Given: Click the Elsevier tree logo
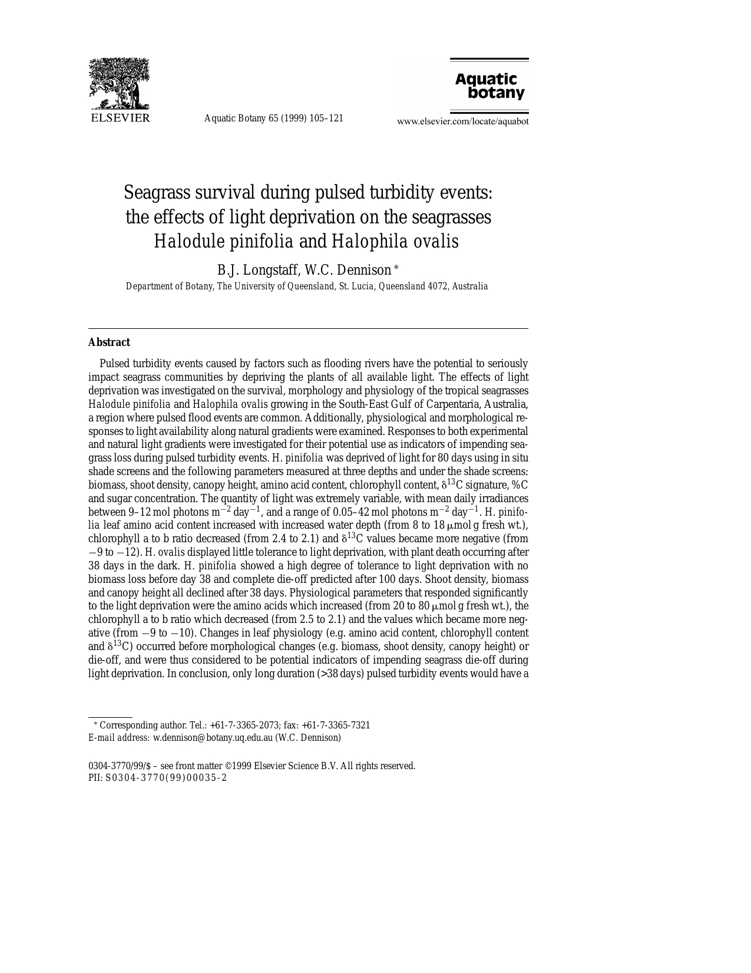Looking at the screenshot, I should click(119, 84).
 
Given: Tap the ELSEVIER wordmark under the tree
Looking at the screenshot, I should click(120, 118).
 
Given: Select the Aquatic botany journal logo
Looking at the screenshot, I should click(489, 86).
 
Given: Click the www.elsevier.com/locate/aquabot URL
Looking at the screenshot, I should click(462, 121).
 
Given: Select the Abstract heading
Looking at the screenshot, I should click(109, 342).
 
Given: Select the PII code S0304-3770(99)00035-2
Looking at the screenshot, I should click(166, 778).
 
